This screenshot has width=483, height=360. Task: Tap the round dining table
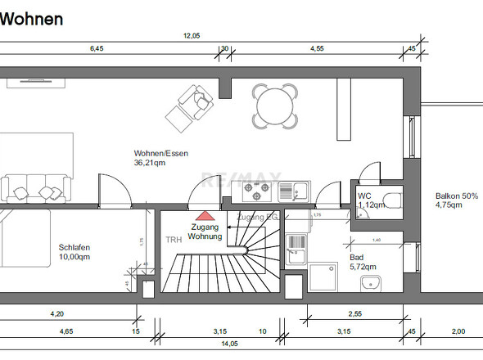[275, 106]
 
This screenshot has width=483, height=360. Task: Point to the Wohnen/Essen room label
[160, 153]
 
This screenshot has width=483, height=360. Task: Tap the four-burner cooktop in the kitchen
[259, 192]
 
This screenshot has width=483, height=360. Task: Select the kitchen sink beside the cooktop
[292, 192]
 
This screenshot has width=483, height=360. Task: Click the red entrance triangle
[205, 215]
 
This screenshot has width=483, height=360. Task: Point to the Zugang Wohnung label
[205, 232]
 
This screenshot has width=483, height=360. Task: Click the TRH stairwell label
[174, 241]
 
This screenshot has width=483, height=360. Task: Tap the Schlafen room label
[74, 247]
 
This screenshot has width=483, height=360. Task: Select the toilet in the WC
[391, 199]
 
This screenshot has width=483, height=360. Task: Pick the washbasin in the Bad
[369, 283]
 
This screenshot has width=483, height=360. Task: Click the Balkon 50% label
[457, 196]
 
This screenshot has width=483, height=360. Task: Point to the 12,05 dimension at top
[191, 35]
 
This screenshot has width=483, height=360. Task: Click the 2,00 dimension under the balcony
[458, 331]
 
